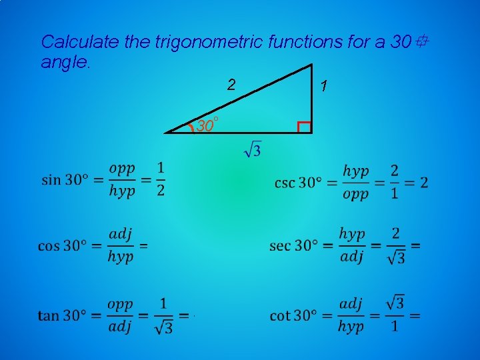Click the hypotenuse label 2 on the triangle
tap(231, 85)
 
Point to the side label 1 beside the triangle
tap(323, 86)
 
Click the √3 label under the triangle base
tap(253, 149)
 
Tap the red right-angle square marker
tap(305, 127)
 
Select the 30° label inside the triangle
tap(208, 124)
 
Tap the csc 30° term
tap(297, 182)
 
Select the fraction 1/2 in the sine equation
tap(161, 180)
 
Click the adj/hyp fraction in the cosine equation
tap(121, 245)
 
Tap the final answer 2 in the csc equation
tap(425, 182)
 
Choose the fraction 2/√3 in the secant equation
tap(396, 245)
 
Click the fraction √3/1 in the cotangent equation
tap(395, 315)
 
